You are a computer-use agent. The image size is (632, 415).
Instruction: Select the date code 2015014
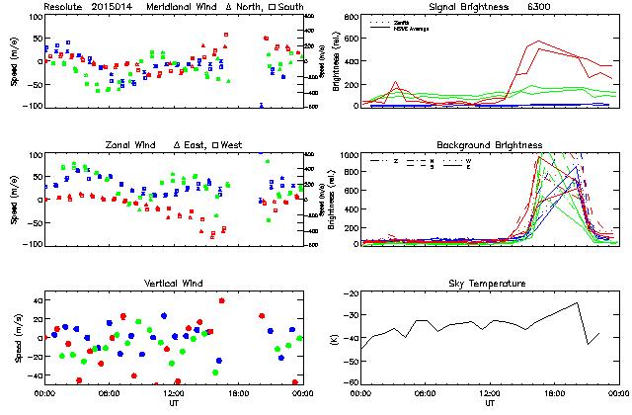click(113, 7)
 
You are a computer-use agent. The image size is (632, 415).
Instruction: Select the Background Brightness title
click(490, 145)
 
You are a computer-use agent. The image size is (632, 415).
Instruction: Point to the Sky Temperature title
click(490, 284)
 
